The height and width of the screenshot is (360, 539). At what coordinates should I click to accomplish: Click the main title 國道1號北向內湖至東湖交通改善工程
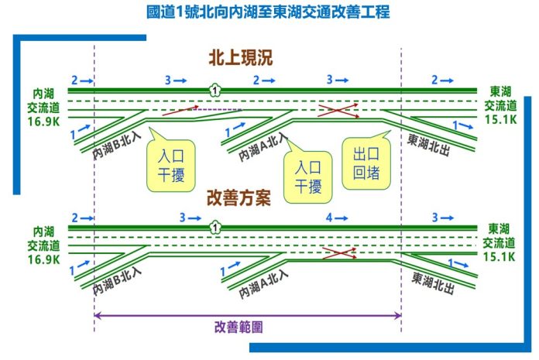point(268,12)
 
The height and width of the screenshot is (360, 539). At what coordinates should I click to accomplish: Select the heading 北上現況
point(240,59)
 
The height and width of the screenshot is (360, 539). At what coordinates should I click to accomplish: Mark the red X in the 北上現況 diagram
point(339,111)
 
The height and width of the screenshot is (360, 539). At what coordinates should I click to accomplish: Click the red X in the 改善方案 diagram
point(339,252)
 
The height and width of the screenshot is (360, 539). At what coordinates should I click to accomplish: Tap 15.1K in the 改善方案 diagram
point(500,256)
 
